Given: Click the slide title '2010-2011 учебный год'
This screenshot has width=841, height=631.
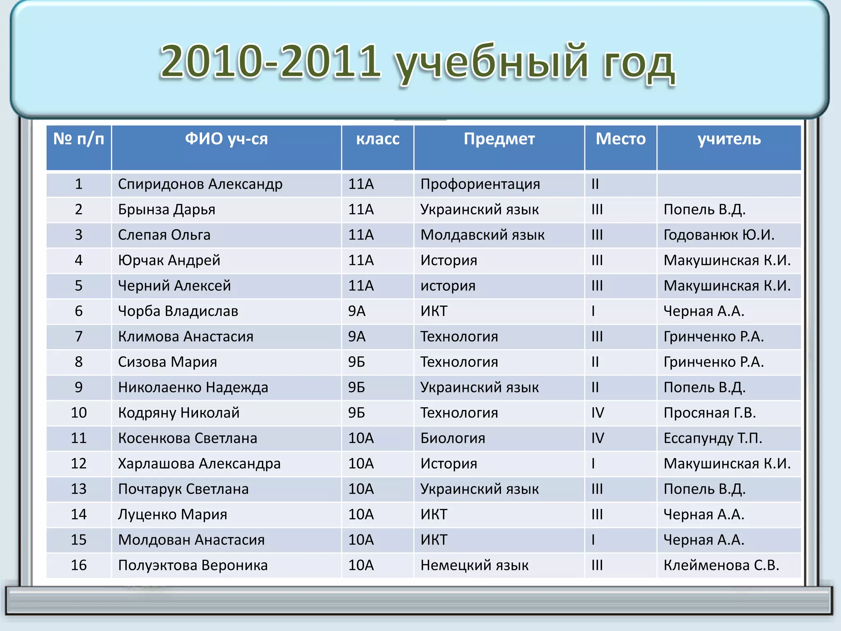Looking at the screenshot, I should coord(417,62).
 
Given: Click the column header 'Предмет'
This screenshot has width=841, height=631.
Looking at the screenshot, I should coord(499,139).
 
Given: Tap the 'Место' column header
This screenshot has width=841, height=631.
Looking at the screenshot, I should coord(620,139).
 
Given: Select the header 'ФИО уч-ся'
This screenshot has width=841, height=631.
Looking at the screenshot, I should coord(226,139).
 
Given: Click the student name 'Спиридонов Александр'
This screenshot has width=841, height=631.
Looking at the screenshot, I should coord(200,184).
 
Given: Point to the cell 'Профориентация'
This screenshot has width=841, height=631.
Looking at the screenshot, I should coord(480,184).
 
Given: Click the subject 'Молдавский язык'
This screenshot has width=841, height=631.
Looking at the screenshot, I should coord(483,235).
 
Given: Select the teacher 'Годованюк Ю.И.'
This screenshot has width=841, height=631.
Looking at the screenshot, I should coord(719,235).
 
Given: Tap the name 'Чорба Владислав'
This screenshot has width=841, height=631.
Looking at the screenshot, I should coord(178,311).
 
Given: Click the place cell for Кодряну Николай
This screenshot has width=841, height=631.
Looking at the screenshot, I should coord(597,413).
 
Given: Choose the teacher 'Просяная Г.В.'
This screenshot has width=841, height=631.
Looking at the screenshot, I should coord(710,413).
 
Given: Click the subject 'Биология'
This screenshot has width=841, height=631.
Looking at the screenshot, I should coord(453,438).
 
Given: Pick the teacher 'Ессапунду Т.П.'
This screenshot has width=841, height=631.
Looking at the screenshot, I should coord(713,438).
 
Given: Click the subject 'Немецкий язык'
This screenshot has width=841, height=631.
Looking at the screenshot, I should coord(474,565).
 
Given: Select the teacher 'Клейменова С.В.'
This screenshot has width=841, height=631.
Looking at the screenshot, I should coord(721,565).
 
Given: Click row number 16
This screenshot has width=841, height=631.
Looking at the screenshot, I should coord(79,565).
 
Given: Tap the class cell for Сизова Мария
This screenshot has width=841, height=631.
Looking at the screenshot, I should coord(356,362).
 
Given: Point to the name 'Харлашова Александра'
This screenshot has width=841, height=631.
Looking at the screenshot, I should coord(199,464).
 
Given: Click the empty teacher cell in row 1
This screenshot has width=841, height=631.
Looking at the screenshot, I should coord(729,184).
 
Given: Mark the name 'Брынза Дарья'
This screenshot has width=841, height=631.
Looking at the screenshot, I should coord(166,210).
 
